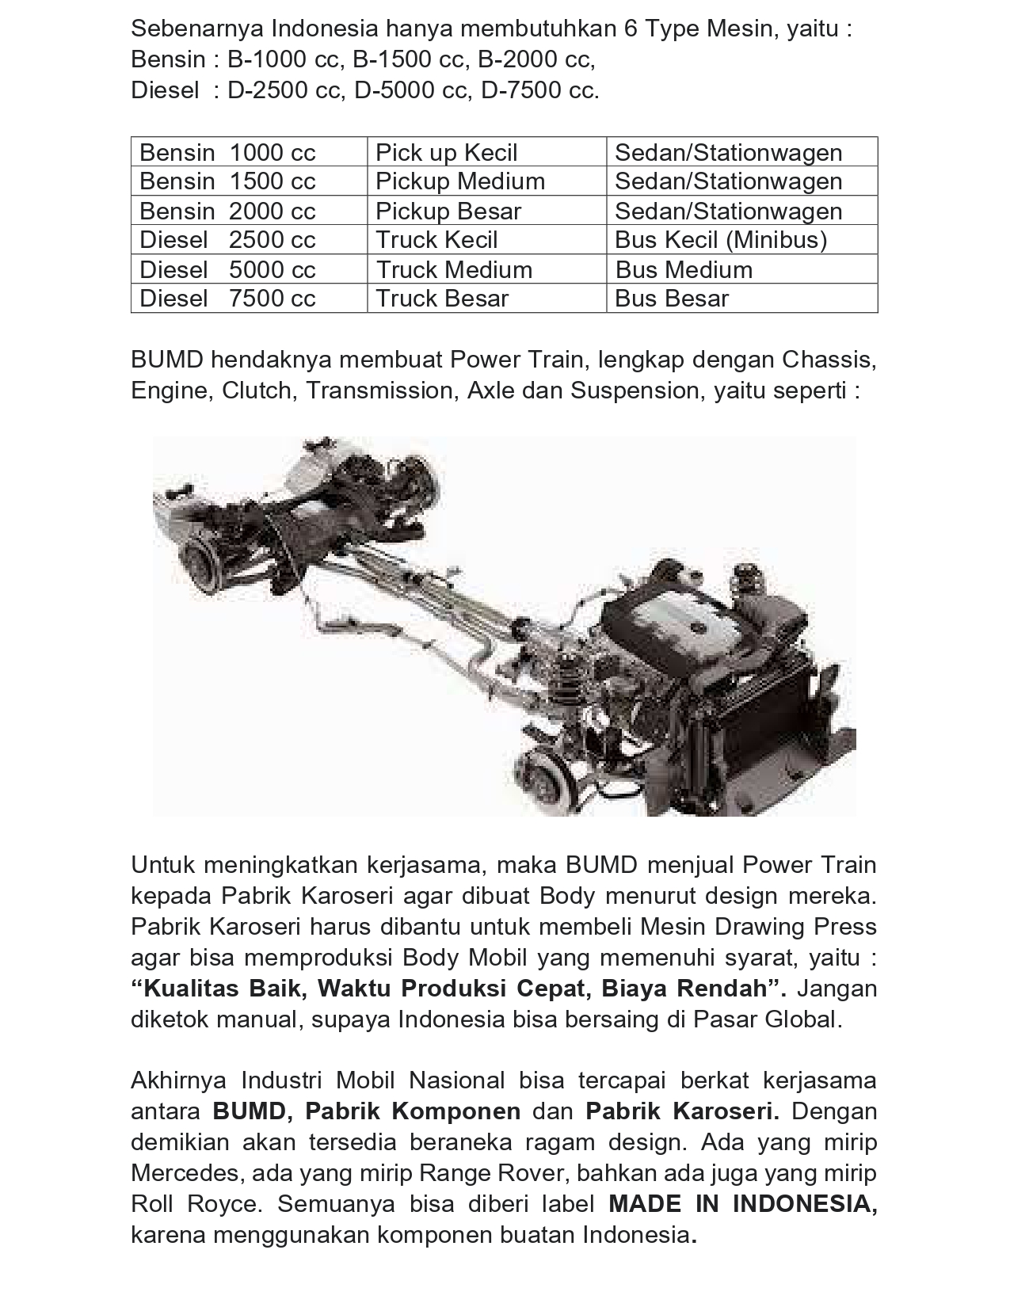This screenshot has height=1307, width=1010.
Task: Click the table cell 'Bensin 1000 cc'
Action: [x=227, y=152]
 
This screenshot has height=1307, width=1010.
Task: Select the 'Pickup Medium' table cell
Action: [x=460, y=181]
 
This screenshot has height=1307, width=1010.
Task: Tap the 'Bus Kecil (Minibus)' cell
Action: [x=720, y=240]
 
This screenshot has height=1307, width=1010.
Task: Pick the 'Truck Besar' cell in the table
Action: [x=442, y=299]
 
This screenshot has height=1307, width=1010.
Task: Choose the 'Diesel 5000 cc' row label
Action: [x=227, y=269]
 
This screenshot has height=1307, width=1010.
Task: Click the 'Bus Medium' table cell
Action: [x=684, y=269]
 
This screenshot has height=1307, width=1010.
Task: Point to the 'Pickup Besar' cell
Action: [x=448, y=211]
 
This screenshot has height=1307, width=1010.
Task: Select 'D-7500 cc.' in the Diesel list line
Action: [x=540, y=91]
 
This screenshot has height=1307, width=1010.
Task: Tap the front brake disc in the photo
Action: [x=560, y=768]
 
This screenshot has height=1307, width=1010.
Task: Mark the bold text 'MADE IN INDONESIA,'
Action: [x=742, y=1204]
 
